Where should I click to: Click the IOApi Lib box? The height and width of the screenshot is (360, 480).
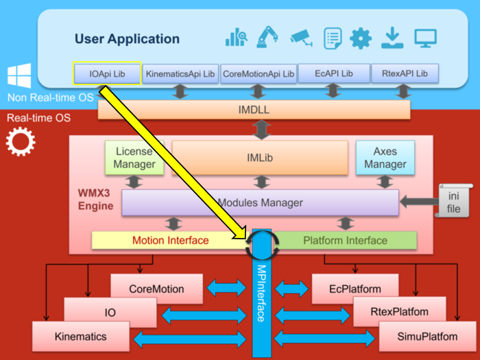(106, 73)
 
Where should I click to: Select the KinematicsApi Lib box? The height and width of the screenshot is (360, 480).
(180, 73)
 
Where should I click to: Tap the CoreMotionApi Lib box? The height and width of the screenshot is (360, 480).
(259, 73)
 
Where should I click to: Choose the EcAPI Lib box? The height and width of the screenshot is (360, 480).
(333, 73)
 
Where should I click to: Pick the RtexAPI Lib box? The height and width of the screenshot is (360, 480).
(404, 73)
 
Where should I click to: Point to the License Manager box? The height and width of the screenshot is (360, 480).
(134, 158)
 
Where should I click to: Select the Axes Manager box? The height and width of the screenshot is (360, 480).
(385, 158)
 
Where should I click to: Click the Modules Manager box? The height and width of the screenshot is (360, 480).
(260, 203)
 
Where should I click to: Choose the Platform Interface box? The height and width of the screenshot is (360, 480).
(345, 241)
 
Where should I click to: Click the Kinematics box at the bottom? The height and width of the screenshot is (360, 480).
(80, 337)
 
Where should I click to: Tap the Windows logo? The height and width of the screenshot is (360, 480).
(19, 77)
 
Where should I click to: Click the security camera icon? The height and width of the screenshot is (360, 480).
(301, 38)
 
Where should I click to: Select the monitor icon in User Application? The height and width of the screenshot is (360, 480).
(426, 38)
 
